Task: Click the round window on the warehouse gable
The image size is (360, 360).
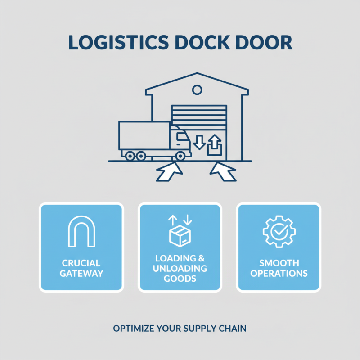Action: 197,90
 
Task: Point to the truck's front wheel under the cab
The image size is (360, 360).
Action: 180,156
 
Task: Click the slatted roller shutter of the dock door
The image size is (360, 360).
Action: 199,118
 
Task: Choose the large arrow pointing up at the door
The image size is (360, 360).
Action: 223,173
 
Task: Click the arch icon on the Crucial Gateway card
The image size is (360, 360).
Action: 81,231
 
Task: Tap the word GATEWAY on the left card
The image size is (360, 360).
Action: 81,273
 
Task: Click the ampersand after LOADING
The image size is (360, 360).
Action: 201,259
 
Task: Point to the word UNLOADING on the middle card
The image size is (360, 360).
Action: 180,269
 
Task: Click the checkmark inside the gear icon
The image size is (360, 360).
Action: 279,231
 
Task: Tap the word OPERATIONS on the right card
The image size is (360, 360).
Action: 279,273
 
